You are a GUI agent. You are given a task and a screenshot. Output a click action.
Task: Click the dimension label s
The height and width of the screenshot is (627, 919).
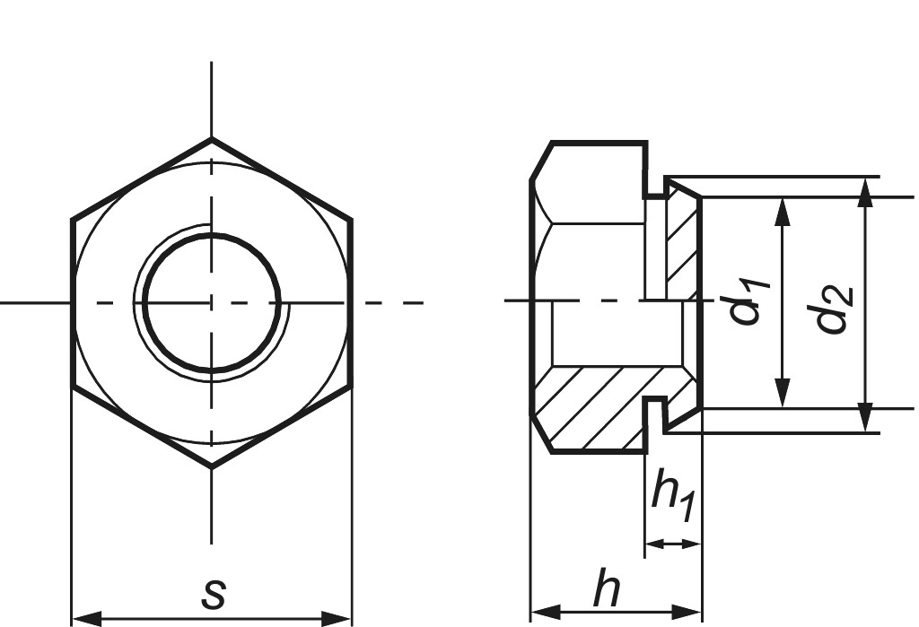point(213,593)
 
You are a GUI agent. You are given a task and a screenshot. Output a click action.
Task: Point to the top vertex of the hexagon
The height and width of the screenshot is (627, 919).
point(212,139)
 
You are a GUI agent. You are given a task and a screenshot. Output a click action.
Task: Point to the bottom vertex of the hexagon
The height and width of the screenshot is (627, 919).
point(212,466)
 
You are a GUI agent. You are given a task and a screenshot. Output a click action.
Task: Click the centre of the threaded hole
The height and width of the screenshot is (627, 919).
point(212,302)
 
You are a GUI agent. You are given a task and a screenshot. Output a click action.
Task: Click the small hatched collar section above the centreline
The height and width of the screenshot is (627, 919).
point(681,242)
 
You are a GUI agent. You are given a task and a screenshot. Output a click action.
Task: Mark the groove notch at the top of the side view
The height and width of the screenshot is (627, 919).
point(654,184)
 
